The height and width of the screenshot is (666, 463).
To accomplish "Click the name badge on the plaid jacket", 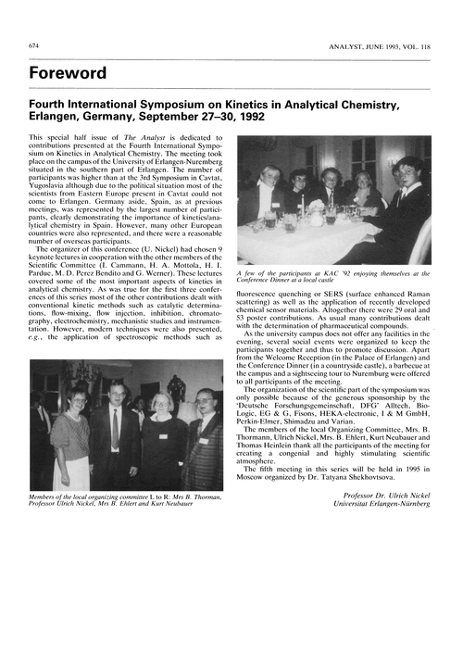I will pos(203,441).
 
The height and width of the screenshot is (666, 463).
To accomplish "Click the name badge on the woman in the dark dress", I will pos(163,435).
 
